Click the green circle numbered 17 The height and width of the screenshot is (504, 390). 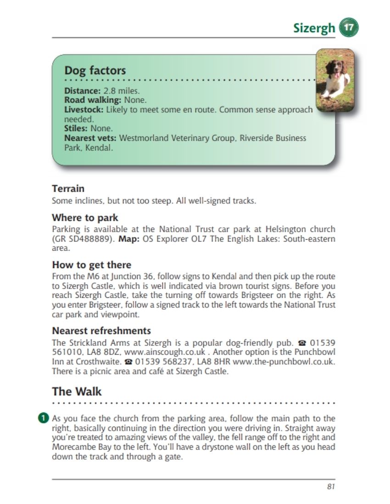point(348,28)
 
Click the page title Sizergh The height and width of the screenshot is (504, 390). point(314,28)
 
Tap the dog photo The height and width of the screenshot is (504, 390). point(335,81)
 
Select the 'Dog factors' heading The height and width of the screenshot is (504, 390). point(95,71)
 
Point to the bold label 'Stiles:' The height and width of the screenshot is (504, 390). point(76,128)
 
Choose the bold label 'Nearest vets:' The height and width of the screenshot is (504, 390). point(90,138)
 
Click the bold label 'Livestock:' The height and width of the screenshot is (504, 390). point(84,110)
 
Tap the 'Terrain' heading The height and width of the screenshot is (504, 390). point(68,188)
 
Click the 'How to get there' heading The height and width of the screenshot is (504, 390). point(91,265)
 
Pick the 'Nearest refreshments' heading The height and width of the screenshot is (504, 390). point(101,331)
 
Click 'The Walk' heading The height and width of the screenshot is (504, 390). point(77,392)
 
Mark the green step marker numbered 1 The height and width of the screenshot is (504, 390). point(43,418)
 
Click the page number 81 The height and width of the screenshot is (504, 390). point(331,487)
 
